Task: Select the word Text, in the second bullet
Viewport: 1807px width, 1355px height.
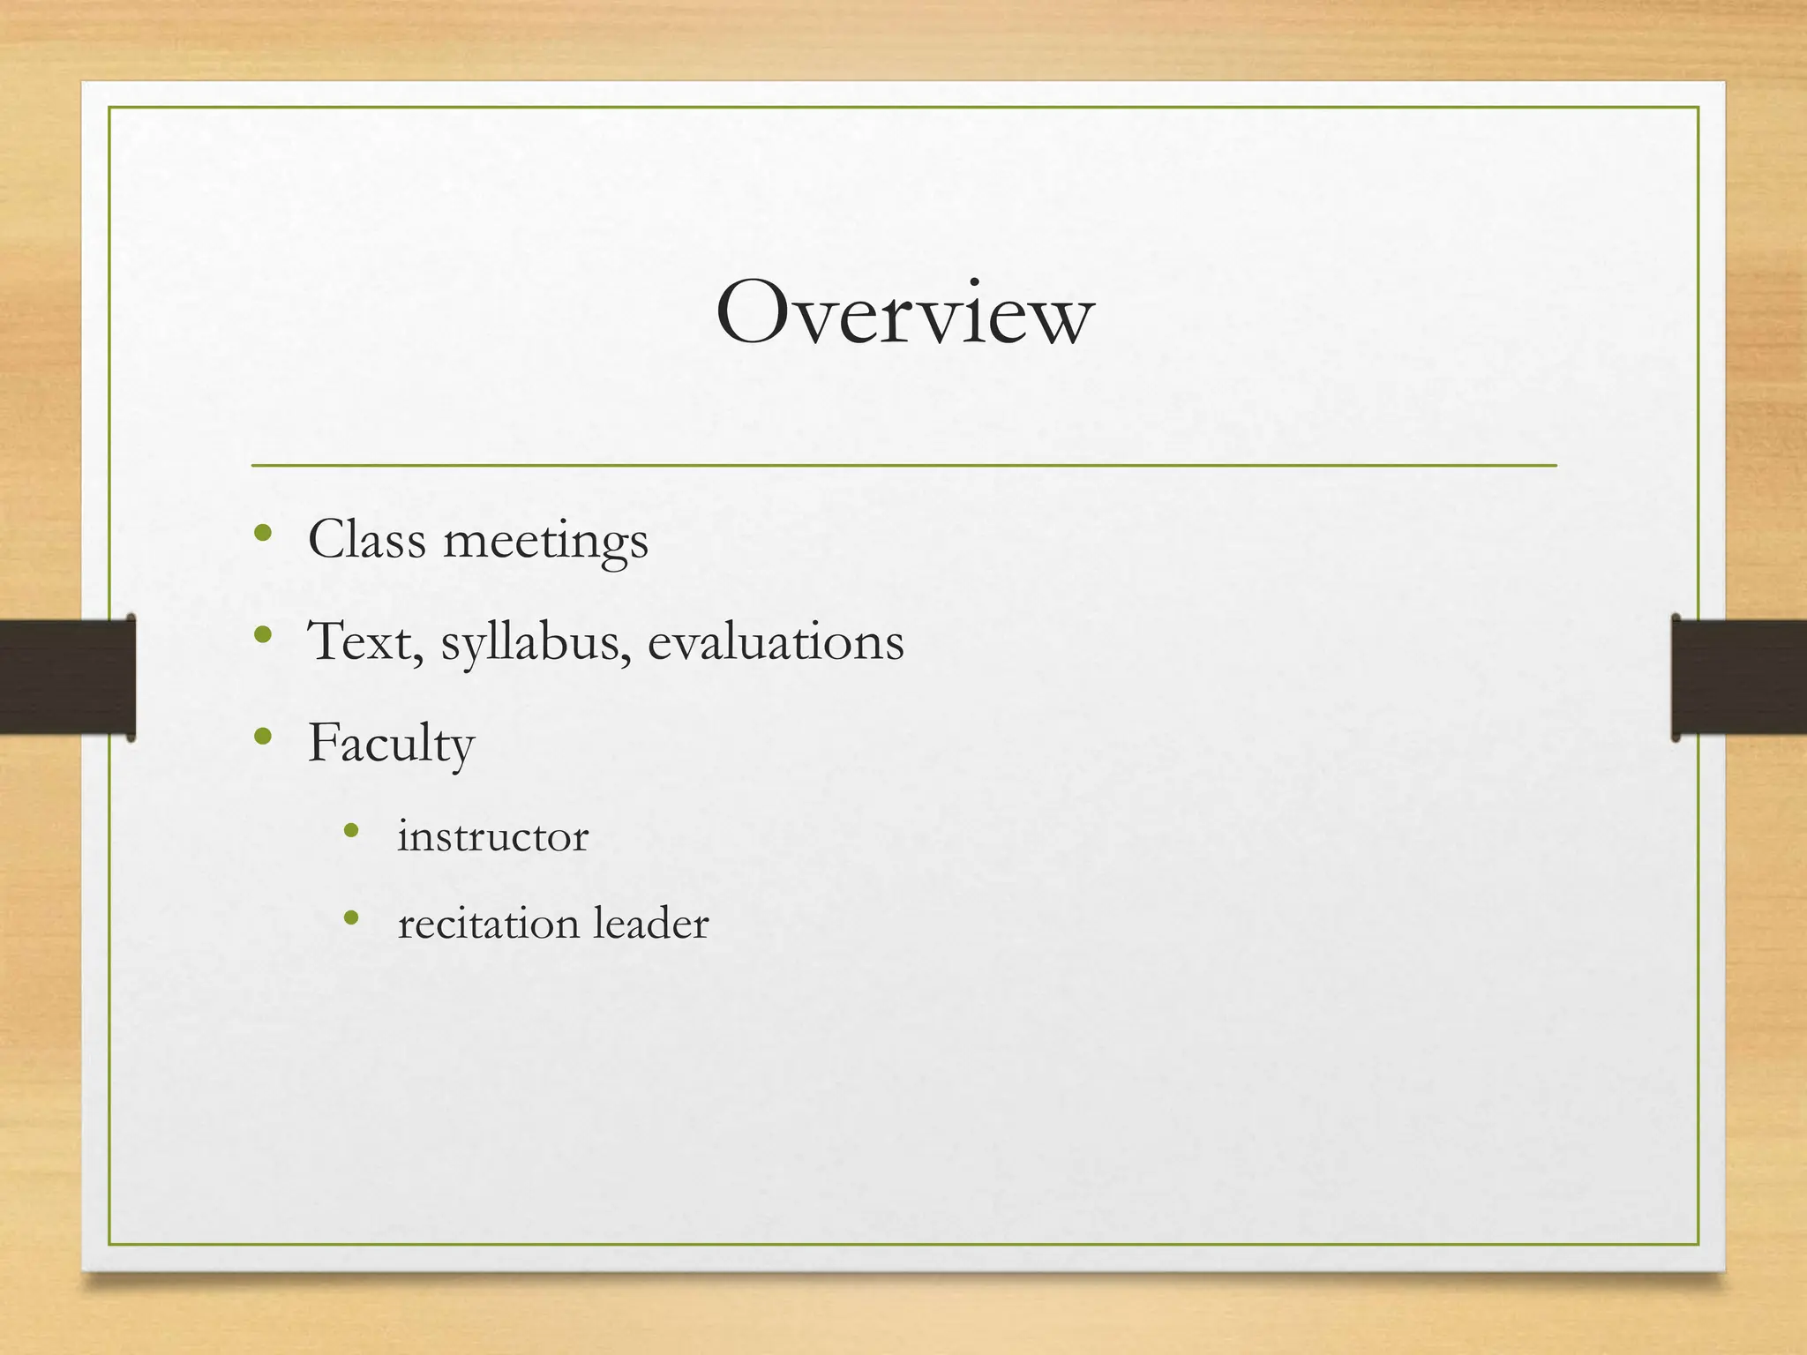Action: pyautogui.click(x=364, y=641)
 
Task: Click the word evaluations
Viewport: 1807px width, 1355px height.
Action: pyautogui.click(x=776, y=641)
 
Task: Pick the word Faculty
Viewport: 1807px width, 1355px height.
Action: pyautogui.click(x=391, y=744)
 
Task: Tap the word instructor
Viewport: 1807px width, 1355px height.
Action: pyautogui.click(x=492, y=836)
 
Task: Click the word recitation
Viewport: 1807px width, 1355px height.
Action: pyautogui.click(x=488, y=924)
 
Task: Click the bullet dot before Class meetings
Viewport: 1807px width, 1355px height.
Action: pyautogui.click(x=262, y=533)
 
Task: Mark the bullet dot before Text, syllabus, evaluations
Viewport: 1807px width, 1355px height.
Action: pyautogui.click(x=262, y=634)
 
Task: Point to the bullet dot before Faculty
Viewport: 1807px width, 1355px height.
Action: pyautogui.click(x=262, y=736)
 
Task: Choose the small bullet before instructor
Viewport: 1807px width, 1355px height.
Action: pyautogui.click(x=351, y=830)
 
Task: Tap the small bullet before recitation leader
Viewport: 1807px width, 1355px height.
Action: pyautogui.click(x=351, y=918)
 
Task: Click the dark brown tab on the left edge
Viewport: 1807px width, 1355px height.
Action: pyautogui.click(x=67, y=677)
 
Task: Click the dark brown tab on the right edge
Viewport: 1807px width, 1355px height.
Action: pyautogui.click(x=1738, y=677)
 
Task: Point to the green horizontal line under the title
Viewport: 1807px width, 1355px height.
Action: pyautogui.click(x=903, y=465)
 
